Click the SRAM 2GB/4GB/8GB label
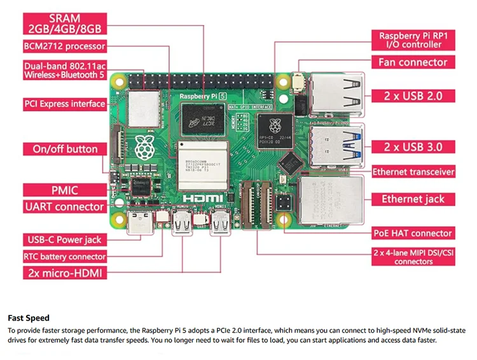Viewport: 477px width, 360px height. click(x=64, y=23)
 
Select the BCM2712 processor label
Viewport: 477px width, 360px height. click(x=64, y=46)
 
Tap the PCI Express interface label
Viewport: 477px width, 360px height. click(x=64, y=104)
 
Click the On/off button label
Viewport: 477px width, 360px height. click(x=64, y=149)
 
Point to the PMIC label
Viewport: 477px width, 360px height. click(x=64, y=189)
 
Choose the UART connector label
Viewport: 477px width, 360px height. click(x=64, y=207)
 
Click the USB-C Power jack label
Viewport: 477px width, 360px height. click(x=64, y=240)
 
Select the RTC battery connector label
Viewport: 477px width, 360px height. click(x=64, y=256)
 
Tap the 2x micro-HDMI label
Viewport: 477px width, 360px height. click(x=64, y=273)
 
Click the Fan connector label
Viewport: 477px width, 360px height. click(x=413, y=62)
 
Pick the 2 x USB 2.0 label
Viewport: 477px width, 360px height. click(x=413, y=96)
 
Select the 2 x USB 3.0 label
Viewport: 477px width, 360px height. click(x=413, y=147)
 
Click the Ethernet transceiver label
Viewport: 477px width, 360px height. click(x=413, y=172)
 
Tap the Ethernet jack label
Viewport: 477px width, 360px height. click(x=413, y=199)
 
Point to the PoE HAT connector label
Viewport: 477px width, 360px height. click(x=413, y=233)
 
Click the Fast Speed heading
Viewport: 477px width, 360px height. click(x=29, y=317)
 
